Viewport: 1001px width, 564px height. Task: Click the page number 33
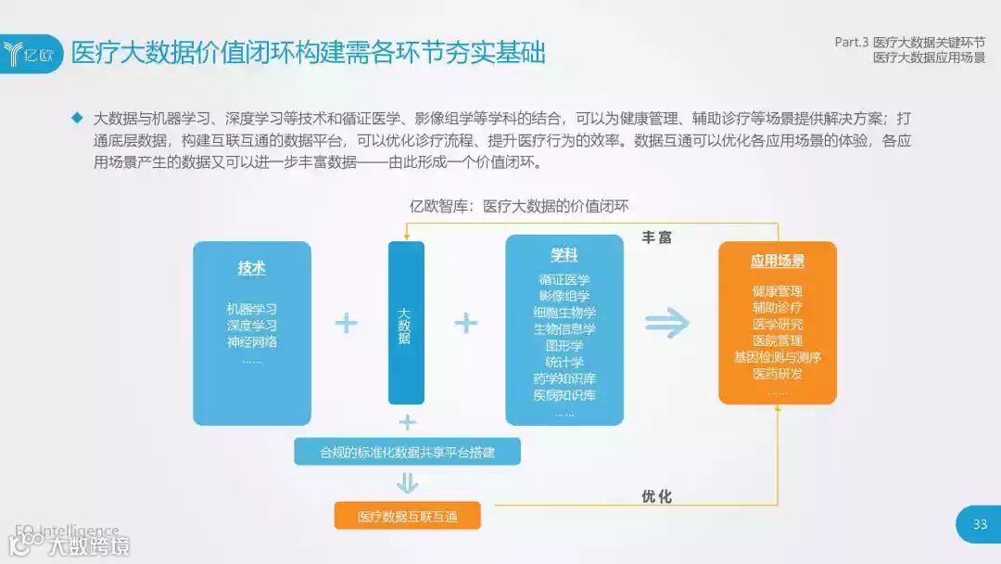point(980,525)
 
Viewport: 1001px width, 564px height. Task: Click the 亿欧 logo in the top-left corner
point(32,53)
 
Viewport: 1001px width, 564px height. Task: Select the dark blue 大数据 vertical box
point(406,323)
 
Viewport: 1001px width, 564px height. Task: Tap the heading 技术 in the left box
point(252,268)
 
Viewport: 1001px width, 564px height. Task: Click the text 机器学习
point(252,309)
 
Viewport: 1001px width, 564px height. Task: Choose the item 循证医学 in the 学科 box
point(564,279)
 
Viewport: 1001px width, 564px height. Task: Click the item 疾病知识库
point(564,395)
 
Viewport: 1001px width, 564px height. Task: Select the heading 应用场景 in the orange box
point(778,262)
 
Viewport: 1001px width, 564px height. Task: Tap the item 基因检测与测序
point(778,357)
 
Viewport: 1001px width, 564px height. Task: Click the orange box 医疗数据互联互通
point(408,516)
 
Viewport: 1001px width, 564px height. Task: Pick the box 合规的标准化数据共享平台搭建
point(408,452)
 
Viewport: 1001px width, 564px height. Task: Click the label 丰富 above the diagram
point(657,237)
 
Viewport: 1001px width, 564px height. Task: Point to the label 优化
point(657,496)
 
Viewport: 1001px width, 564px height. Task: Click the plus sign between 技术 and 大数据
point(347,323)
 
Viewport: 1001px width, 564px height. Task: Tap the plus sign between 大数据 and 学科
point(466,323)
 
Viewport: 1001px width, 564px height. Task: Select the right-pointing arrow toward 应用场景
point(668,323)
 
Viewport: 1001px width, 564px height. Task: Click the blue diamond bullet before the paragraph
point(77,119)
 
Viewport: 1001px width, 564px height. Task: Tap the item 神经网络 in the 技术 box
point(252,341)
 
